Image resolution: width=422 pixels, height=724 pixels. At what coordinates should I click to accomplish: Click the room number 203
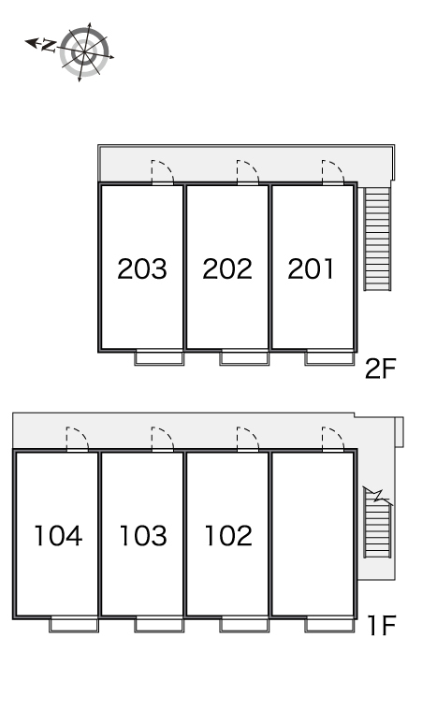point(141,268)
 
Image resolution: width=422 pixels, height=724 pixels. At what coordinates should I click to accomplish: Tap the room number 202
point(227,268)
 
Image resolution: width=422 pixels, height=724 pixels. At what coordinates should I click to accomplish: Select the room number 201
point(311,268)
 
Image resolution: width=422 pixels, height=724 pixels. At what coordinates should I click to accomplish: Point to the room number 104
point(58,536)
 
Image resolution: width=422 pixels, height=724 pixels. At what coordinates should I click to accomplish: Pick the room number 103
point(142,536)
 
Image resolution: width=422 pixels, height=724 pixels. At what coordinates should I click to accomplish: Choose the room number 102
point(228,536)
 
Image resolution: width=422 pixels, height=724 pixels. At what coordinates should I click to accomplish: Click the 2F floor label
point(381,369)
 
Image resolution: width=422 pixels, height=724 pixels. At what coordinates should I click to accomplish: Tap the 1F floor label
point(382,625)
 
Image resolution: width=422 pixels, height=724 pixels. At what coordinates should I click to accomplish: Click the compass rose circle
point(84,51)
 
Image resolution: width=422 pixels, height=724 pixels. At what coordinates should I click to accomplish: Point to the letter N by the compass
point(49,45)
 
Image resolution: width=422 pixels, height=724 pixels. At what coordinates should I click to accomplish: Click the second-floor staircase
point(378,239)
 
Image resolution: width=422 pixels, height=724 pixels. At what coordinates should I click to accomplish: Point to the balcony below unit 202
point(244,358)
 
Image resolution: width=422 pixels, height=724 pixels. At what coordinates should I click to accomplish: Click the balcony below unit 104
point(74,625)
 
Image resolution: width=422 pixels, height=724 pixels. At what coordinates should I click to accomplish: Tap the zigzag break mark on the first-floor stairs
point(378,496)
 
